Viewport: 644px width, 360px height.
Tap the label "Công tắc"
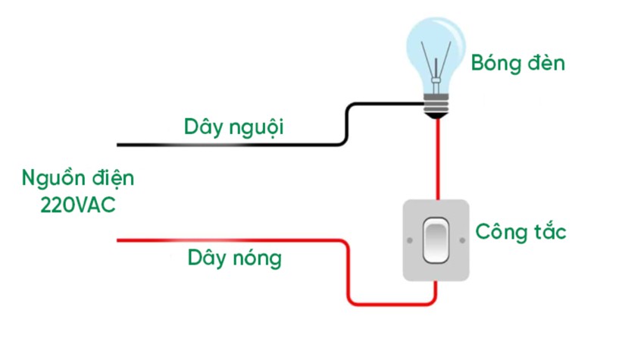coord(521,231)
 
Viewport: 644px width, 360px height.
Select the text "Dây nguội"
coord(233,126)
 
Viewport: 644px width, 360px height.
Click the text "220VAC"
coord(79,205)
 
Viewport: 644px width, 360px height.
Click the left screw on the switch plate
coord(410,241)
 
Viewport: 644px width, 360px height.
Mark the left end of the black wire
coord(119,144)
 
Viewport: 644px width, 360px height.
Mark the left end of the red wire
coord(119,241)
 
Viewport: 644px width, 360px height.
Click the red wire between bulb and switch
coord(437,159)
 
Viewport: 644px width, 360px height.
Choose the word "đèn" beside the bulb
coord(546,63)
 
